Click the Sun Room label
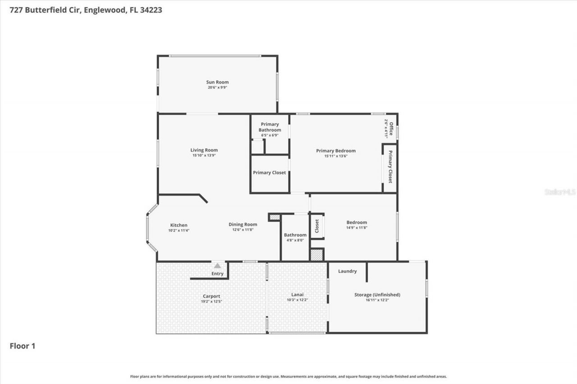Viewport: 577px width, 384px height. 217,82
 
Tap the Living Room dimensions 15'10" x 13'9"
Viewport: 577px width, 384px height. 204,156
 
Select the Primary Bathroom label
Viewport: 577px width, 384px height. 270,127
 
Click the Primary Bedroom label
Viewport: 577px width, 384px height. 336,151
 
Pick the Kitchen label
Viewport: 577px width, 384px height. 179,225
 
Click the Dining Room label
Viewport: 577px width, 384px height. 243,224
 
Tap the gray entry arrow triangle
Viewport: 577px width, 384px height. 218,266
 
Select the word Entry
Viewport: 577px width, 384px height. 217,274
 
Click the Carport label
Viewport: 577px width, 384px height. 211,296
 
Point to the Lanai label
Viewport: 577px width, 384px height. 298,294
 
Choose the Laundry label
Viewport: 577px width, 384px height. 347,271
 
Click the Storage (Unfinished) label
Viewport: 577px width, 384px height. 377,295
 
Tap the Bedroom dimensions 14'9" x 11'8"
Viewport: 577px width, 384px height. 357,228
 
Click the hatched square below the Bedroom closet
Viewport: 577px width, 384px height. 317,255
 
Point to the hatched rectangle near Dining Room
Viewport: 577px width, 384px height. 275,217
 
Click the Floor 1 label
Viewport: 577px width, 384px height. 23,346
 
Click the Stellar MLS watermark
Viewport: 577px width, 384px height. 560,192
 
